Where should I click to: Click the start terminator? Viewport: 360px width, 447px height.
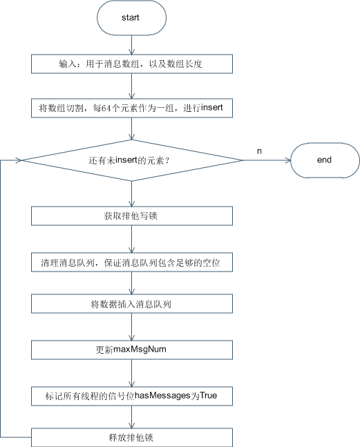point(131,18)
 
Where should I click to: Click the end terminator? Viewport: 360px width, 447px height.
point(325,160)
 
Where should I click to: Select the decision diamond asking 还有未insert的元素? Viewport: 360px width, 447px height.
point(132,160)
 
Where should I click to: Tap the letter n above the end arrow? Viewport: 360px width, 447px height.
point(259,151)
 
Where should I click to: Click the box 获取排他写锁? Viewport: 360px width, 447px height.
point(132,216)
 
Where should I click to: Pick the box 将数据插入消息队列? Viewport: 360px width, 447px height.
point(132,304)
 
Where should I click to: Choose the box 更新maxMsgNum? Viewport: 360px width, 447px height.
point(132,350)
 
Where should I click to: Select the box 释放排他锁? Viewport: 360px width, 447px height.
point(132,437)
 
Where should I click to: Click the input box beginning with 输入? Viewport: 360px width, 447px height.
point(132,64)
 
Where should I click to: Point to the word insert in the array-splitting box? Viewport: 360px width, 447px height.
point(211,108)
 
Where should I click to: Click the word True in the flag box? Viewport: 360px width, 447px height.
point(209,395)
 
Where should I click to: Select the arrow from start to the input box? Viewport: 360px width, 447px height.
point(131,45)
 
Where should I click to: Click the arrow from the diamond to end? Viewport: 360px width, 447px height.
point(266,160)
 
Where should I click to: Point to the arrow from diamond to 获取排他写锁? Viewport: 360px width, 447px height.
point(131,194)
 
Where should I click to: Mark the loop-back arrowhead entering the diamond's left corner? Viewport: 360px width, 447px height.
point(19,160)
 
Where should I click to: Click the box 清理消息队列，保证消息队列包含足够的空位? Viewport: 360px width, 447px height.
point(132,263)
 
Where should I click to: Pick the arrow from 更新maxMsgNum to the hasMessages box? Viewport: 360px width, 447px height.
point(131,373)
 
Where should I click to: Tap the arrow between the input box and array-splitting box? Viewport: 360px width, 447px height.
point(131,86)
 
